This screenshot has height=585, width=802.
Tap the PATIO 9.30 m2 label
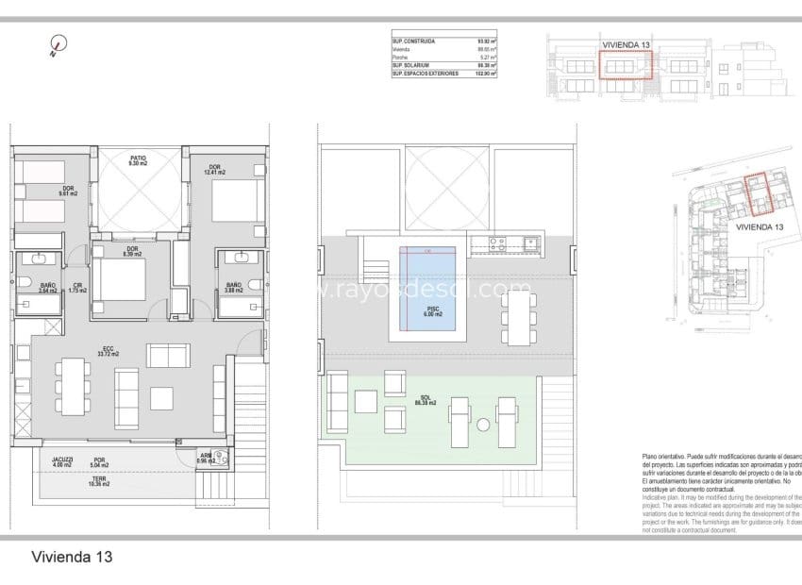pos(138,160)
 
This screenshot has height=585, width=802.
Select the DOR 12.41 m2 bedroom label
pos(216,169)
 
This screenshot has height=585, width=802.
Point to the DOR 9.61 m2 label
pos(69,191)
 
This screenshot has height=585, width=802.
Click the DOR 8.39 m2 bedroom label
pos(131,251)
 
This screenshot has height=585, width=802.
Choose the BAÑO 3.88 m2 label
pos(233,287)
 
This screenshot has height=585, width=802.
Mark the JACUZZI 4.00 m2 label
pos(63,462)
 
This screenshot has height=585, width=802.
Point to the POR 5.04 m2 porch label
pos(99,462)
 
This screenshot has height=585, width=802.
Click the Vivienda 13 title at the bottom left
pos(71,557)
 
